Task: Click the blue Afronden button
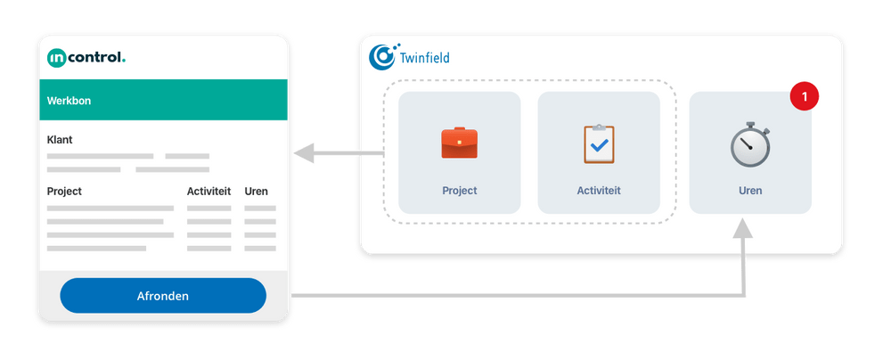[x=163, y=296]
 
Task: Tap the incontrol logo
[x=86, y=58]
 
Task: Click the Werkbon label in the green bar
[x=69, y=101]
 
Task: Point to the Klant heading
[x=60, y=140]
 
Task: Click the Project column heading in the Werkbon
[x=64, y=192]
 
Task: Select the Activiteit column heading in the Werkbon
[x=208, y=192]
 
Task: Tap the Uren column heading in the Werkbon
[x=256, y=192]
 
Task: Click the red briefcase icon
[x=460, y=143]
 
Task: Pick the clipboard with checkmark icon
[x=599, y=143]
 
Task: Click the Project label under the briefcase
[x=460, y=191]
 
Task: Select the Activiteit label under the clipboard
[x=599, y=191]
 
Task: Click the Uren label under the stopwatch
[x=750, y=191]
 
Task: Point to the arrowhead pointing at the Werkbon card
[x=305, y=154]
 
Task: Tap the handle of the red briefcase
[x=460, y=132]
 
